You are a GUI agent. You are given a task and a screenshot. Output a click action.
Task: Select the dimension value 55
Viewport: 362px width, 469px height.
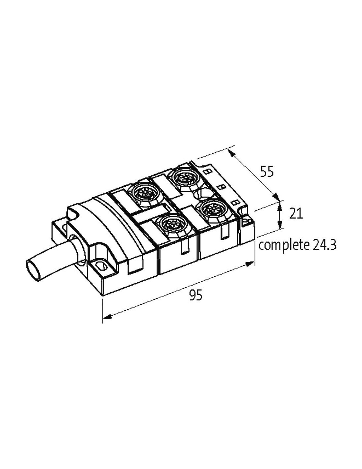click(x=267, y=172)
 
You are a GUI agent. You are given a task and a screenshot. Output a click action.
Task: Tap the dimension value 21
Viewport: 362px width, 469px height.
click(x=296, y=214)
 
